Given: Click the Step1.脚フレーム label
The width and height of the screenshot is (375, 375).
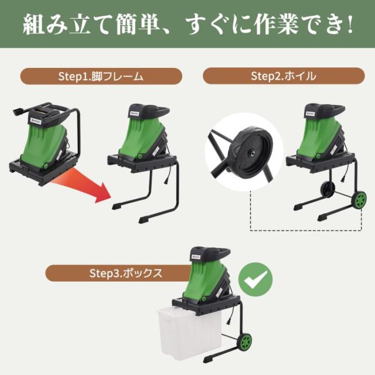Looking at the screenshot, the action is tap(101, 76).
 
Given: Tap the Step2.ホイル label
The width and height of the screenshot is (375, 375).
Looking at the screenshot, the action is tap(284, 76).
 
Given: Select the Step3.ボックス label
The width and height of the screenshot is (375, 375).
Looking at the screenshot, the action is tap(126, 273).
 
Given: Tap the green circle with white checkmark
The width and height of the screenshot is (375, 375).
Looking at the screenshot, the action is tap(255, 279).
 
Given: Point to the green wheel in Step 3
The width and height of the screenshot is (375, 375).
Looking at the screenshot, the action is tap(244, 342).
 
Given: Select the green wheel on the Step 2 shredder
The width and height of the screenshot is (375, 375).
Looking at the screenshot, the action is tap(359, 200).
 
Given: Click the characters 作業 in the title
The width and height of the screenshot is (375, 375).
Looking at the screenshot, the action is tap(276, 25).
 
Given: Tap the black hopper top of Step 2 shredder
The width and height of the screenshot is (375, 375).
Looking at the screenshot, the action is tap(325, 112).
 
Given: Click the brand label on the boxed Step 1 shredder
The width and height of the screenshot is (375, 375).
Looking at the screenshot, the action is tap(35, 121).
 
